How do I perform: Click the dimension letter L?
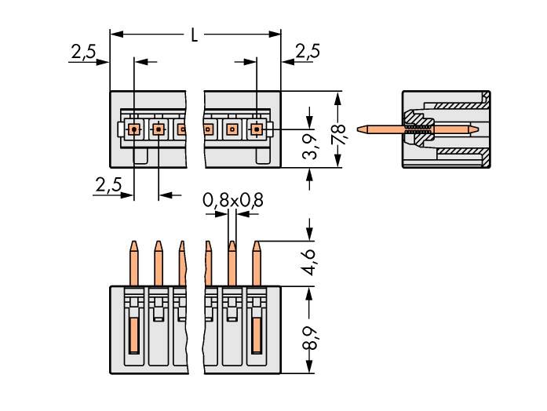tap(195, 35)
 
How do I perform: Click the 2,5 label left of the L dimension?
tap(83, 53)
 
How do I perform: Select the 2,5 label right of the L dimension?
tap(307, 52)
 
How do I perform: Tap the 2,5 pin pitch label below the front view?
tap(108, 185)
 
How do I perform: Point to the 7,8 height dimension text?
tap(339, 130)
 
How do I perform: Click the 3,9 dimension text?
tap(311, 145)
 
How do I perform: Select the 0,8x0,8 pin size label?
tap(233, 201)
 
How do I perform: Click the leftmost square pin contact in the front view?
tap(134, 128)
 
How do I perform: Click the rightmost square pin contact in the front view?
tap(257, 128)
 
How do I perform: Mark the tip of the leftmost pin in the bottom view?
tap(134, 243)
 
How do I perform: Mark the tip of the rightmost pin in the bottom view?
tap(256, 243)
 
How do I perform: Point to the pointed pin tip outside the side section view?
tap(360, 128)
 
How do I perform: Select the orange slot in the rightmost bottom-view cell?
tap(256, 336)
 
